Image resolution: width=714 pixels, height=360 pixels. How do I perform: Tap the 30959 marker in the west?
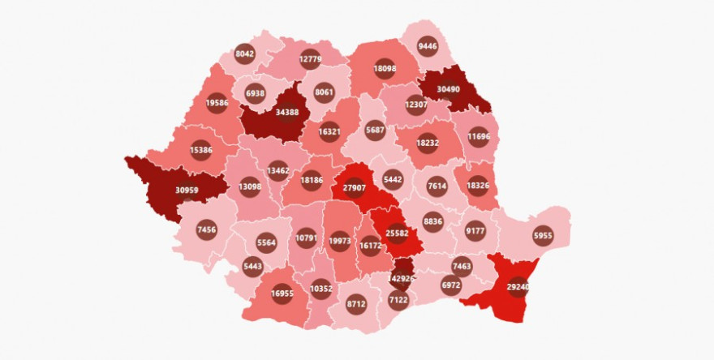(186, 191)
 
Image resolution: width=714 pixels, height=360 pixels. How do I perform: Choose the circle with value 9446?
(428, 46)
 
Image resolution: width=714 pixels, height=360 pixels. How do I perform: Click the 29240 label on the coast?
(520, 286)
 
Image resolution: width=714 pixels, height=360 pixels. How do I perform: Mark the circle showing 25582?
(397, 231)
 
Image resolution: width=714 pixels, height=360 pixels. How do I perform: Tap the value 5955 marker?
(543, 236)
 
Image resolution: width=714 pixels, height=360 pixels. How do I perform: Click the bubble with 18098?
(385, 69)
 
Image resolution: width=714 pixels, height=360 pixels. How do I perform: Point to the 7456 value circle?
(207, 230)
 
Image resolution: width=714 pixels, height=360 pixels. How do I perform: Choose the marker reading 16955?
(282, 294)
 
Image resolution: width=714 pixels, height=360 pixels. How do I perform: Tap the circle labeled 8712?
(356, 304)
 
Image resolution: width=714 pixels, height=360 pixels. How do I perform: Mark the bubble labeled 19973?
(341, 240)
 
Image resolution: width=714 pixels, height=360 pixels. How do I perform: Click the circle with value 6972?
(451, 285)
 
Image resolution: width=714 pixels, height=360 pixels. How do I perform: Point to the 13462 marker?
(277, 170)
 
